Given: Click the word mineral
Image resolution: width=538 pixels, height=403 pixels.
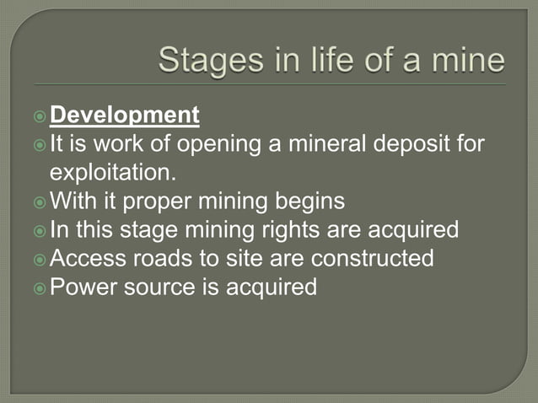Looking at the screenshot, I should tap(325, 144).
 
